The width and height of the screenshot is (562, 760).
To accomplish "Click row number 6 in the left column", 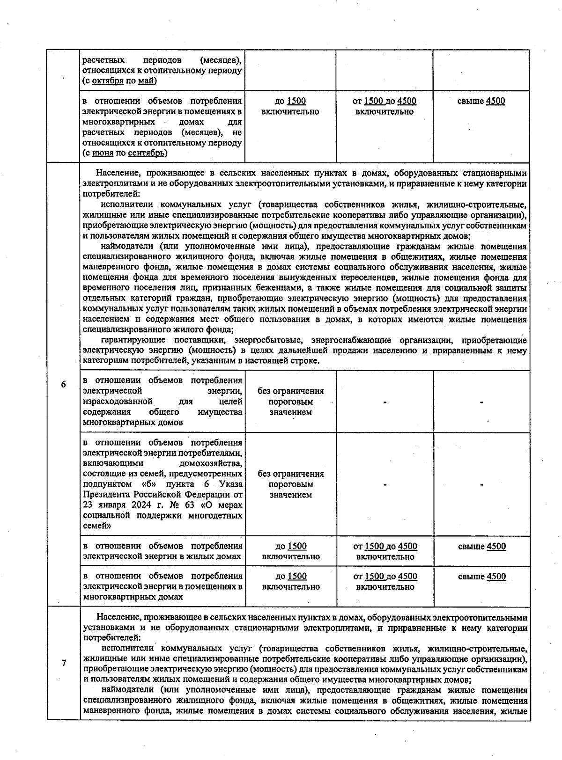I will pos(63,384).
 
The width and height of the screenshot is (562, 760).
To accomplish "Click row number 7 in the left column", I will pos(63,663).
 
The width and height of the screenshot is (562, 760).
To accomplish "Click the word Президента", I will pos(106,494).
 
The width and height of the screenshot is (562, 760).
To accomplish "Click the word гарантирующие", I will pos(132,340).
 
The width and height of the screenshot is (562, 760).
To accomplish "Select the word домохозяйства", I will pos(212,463).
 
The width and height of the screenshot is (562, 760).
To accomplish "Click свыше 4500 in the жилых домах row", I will pos(481,546).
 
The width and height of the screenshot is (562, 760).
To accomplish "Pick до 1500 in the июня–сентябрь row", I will pos(290,101).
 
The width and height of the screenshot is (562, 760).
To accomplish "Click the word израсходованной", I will pos(118,402).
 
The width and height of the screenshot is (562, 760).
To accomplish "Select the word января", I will pos(112,505).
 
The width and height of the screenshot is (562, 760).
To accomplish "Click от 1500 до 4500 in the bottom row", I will pos(385,576).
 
